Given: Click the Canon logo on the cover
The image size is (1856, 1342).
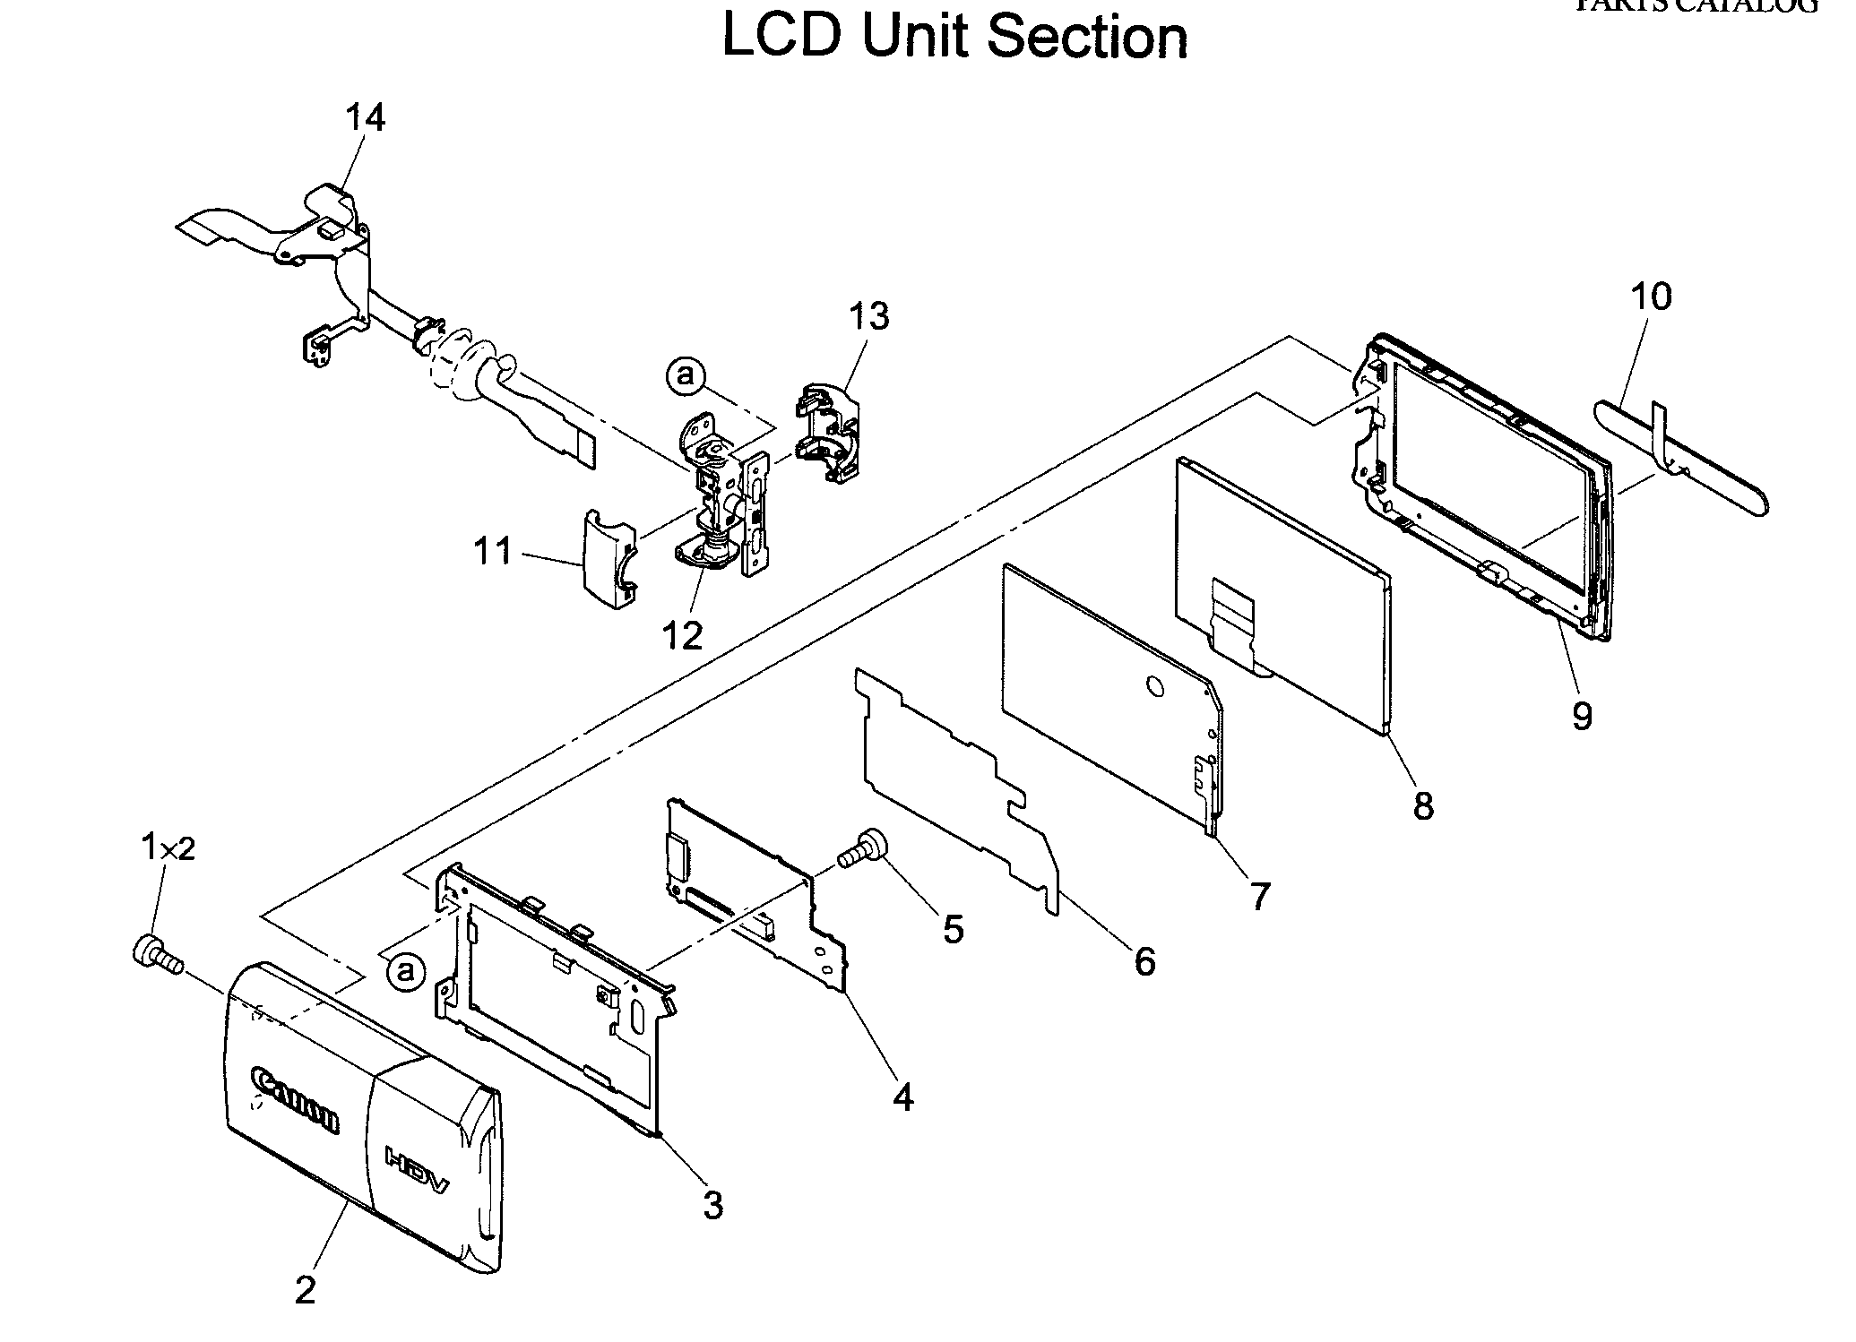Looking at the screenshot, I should click(296, 1099).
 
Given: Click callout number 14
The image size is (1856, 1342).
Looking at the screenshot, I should click(365, 117).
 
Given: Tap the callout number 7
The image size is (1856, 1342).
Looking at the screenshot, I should click(1259, 895).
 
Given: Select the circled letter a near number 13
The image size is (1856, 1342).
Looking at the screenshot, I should click(686, 375).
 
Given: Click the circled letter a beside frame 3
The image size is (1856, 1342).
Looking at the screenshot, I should click(406, 970).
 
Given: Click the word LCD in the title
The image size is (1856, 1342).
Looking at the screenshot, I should click(781, 37).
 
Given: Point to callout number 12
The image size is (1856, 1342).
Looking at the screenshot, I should click(683, 635).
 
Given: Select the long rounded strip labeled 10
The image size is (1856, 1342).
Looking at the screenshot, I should click(1680, 458).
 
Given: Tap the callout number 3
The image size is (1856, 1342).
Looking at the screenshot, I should click(712, 1206).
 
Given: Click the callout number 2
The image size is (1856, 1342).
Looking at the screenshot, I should click(305, 1291).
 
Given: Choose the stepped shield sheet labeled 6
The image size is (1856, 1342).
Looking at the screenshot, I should click(950, 788).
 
